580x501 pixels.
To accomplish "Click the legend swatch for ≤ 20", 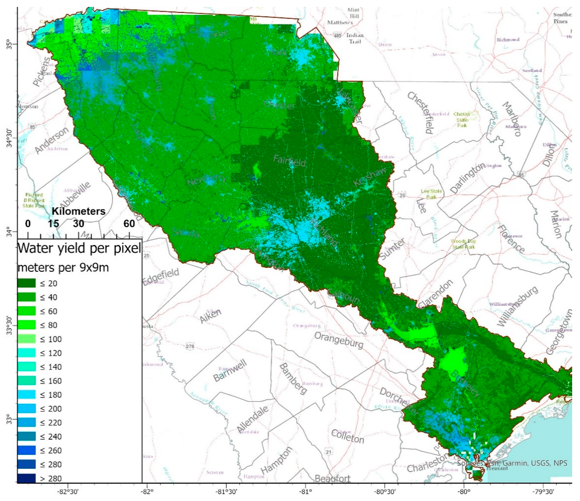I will click(x=27, y=283).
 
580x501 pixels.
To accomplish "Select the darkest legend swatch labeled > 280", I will click(x=27, y=478).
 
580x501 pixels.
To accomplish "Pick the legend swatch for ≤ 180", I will click(x=27, y=395).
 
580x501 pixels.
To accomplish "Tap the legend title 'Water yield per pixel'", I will click(x=79, y=249).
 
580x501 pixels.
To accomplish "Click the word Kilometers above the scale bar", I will click(x=78, y=211).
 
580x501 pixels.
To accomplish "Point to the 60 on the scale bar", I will click(x=129, y=224).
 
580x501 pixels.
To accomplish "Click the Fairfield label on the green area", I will click(x=289, y=161).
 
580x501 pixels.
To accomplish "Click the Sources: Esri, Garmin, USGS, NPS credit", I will click(x=512, y=463).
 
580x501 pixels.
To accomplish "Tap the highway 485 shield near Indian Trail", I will click(x=337, y=36).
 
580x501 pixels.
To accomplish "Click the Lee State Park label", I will click(x=431, y=194).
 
